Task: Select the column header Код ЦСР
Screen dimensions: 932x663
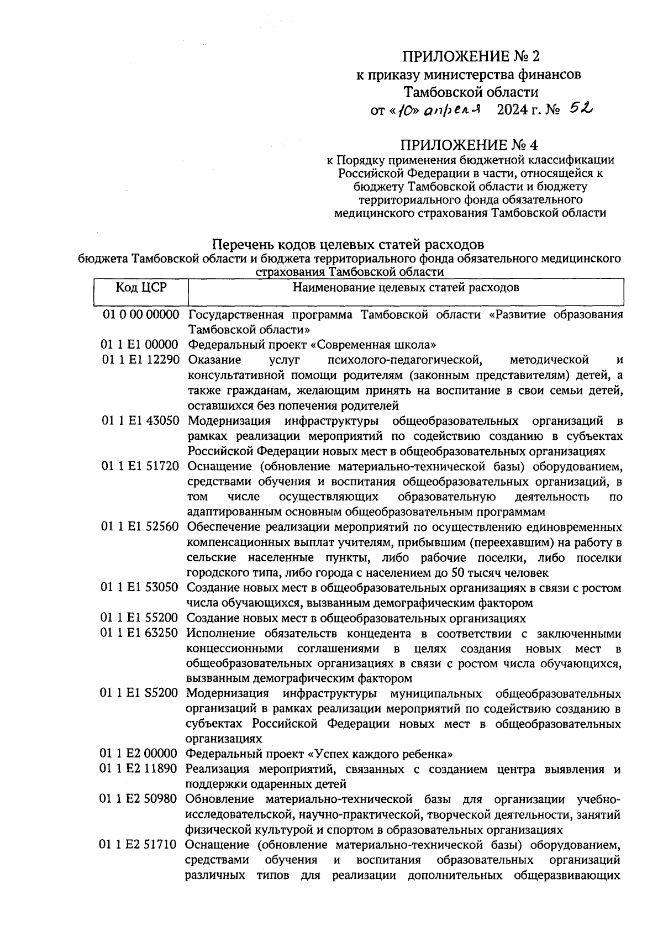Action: point(141,287)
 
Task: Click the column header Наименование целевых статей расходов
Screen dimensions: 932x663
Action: point(406,287)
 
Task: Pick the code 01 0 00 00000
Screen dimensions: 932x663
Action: point(141,315)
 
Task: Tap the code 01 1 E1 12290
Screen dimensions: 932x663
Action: point(141,360)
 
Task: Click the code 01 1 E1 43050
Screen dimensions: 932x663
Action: point(141,421)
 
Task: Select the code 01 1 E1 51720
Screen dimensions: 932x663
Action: point(141,466)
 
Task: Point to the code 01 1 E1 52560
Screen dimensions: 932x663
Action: point(141,527)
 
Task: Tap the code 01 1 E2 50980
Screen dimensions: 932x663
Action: point(140,799)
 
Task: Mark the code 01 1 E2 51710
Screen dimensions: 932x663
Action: point(140,845)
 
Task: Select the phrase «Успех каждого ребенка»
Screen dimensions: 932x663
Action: point(381,754)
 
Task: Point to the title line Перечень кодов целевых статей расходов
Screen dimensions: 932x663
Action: point(349,244)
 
